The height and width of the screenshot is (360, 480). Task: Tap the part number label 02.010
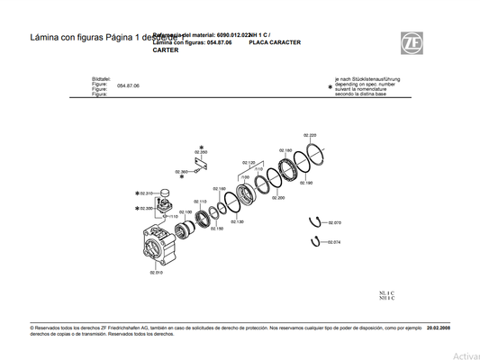[x=155, y=273]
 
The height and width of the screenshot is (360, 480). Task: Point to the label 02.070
[x=334, y=222]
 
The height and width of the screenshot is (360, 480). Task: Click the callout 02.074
[x=334, y=242]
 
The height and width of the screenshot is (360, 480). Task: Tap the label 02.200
[x=278, y=197]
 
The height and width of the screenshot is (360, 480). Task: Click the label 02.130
[x=237, y=221]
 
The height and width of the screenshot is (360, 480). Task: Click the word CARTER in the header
[x=165, y=50]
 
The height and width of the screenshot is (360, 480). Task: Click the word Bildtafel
[x=101, y=79]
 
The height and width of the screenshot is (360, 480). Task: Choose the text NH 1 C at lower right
[x=387, y=298]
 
